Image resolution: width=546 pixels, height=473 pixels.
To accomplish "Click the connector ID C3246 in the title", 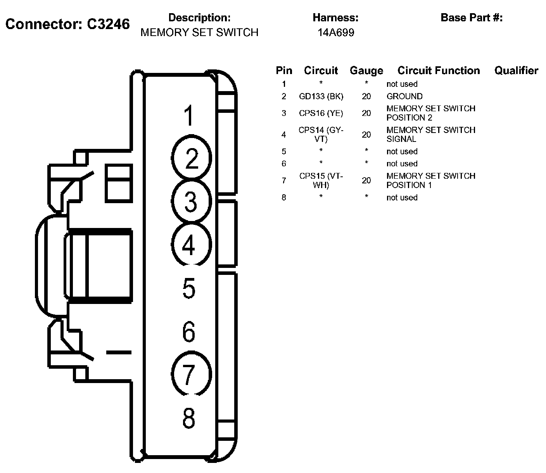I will click(108, 24).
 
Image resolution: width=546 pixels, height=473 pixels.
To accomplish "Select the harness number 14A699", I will click(336, 33).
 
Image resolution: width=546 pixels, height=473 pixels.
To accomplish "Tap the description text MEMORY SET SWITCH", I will click(199, 33).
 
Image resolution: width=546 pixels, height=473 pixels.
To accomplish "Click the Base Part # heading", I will click(472, 18).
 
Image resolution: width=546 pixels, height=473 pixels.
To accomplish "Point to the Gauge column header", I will click(366, 71).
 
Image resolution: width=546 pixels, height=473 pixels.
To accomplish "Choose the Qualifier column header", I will click(516, 71).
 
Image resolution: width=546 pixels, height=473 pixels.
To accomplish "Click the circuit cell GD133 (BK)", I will click(321, 96).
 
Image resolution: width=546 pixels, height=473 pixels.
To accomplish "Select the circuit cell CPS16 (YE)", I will click(321, 113).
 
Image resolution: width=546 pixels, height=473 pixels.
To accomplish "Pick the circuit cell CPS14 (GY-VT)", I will click(321, 135).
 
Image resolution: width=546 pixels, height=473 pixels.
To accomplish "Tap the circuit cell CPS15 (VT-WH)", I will click(321, 180).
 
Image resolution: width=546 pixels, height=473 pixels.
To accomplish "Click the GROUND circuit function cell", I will click(404, 96).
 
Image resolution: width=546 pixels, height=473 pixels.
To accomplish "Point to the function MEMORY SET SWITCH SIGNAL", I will click(430, 135).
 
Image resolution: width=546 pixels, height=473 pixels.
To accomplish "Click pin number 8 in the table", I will click(284, 197).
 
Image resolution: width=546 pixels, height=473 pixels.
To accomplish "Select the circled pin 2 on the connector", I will click(191, 158).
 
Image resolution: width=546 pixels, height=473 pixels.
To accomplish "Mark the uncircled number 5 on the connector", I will click(189, 288).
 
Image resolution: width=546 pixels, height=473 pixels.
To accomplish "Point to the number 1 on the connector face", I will click(189, 116).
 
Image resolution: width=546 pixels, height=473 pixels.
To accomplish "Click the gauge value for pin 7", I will click(366, 180).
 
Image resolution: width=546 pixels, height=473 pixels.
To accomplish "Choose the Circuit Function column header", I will click(439, 71).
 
